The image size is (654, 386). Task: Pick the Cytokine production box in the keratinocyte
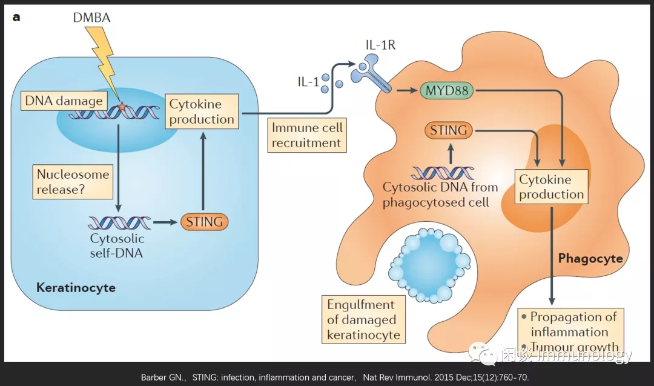(x=202, y=111)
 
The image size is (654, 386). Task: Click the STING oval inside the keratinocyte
(x=204, y=222)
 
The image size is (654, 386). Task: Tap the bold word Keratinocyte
(x=76, y=287)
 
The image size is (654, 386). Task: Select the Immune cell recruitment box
(x=307, y=135)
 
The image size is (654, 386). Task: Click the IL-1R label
(x=380, y=45)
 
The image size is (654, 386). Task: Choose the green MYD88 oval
(x=448, y=92)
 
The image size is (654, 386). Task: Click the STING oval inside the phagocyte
(x=449, y=130)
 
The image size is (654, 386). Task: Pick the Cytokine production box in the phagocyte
(x=551, y=187)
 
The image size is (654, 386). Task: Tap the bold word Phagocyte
(x=590, y=259)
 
